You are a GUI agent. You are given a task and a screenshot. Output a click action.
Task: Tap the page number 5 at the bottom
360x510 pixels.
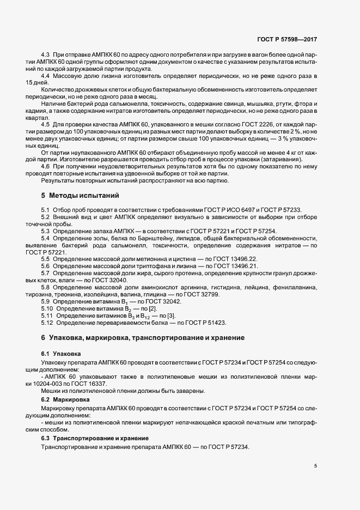315,465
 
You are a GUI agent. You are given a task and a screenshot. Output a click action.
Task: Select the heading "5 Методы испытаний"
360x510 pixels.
80,195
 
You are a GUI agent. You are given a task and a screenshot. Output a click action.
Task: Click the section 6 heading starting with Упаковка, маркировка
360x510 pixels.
143,338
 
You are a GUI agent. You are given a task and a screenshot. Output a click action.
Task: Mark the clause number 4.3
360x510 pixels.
46,55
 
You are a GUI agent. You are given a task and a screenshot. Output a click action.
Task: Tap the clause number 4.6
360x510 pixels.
46,166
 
